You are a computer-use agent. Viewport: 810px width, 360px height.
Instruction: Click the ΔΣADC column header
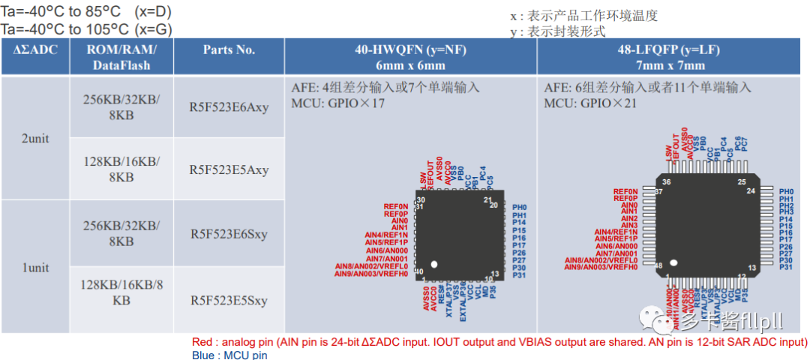[x=36, y=50]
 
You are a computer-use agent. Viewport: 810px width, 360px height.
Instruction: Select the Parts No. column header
[x=229, y=50]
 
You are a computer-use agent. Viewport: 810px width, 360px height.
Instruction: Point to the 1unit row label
[x=36, y=266]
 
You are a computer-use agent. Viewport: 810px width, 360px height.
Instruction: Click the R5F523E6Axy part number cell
[x=229, y=106]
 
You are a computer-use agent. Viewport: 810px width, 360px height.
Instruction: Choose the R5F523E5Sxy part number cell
[x=229, y=301]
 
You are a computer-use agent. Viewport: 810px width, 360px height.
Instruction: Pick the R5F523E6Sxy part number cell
[x=229, y=233]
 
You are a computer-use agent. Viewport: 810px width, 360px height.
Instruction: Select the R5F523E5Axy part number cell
[x=229, y=169]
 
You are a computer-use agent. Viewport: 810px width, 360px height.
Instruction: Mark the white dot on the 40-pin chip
[x=433, y=264]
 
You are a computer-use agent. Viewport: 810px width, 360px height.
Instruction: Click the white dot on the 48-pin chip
[x=673, y=263]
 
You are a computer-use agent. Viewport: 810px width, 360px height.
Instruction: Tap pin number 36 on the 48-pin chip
[x=666, y=182]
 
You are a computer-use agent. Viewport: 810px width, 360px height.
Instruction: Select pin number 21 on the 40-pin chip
[x=487, y=200]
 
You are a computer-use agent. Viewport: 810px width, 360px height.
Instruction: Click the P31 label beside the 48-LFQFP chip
[x=786, y=267]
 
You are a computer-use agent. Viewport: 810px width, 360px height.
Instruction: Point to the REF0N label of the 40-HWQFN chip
[x=396, y=206]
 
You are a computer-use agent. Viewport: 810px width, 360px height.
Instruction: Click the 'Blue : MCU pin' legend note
[x=229, y=355]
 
